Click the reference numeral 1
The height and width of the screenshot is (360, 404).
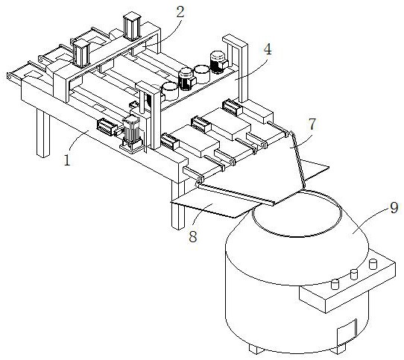[x=67, y=160]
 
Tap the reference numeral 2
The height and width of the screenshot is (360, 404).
[x=180, y=12]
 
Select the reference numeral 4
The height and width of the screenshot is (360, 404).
[x=268, y=49]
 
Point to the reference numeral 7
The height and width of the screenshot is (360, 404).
[x=312, y=124]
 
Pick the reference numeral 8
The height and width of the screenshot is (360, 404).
[x=193, y=236]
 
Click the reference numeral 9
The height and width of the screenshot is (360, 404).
[x=394, y=207]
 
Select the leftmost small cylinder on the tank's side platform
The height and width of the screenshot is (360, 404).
[x=335, y=284]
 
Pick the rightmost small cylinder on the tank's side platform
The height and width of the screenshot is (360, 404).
[x=373, y=264]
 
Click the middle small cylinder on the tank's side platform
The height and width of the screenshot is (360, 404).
[x=355, y=274]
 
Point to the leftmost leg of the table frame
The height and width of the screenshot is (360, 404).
[x=42, y=133]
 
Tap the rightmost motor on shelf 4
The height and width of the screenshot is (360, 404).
[x=218, y=62]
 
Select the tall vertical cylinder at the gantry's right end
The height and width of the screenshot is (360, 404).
[x=132, y=28]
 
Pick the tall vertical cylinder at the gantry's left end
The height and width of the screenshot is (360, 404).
[x=81, y=54]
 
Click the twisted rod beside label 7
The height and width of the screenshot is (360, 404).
[x=297, y=159]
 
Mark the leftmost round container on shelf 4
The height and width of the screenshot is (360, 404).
[x=170, y=91]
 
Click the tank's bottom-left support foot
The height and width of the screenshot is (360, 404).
[x=256, y=349]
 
